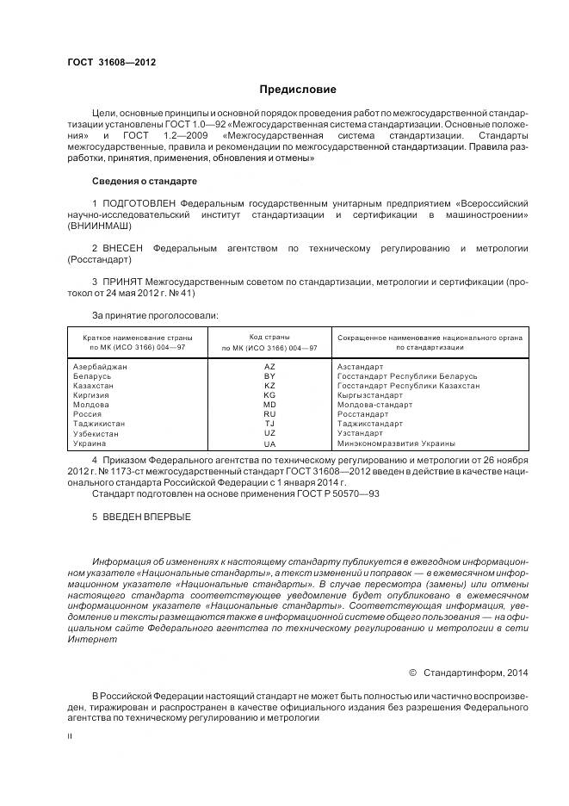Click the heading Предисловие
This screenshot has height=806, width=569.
[x=298, y=90]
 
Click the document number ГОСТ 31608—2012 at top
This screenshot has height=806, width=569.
[x=111, y=62]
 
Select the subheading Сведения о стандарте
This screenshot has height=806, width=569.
[x=145, y=181]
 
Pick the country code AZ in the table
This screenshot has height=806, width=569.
[x=269, y=367]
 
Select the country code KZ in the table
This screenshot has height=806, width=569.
[x=269, y=386]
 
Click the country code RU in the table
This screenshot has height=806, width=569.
[x=269, y=414]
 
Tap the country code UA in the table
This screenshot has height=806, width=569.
[x=269, y=443]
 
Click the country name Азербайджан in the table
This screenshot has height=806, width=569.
[x=101, y=367]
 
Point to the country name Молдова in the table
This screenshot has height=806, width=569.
[x=91, y=405]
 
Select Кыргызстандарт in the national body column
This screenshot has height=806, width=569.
[x=370, y=395]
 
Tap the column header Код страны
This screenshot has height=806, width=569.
[x=269, y=337]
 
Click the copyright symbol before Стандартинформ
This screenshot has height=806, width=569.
[x=412, y=672]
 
